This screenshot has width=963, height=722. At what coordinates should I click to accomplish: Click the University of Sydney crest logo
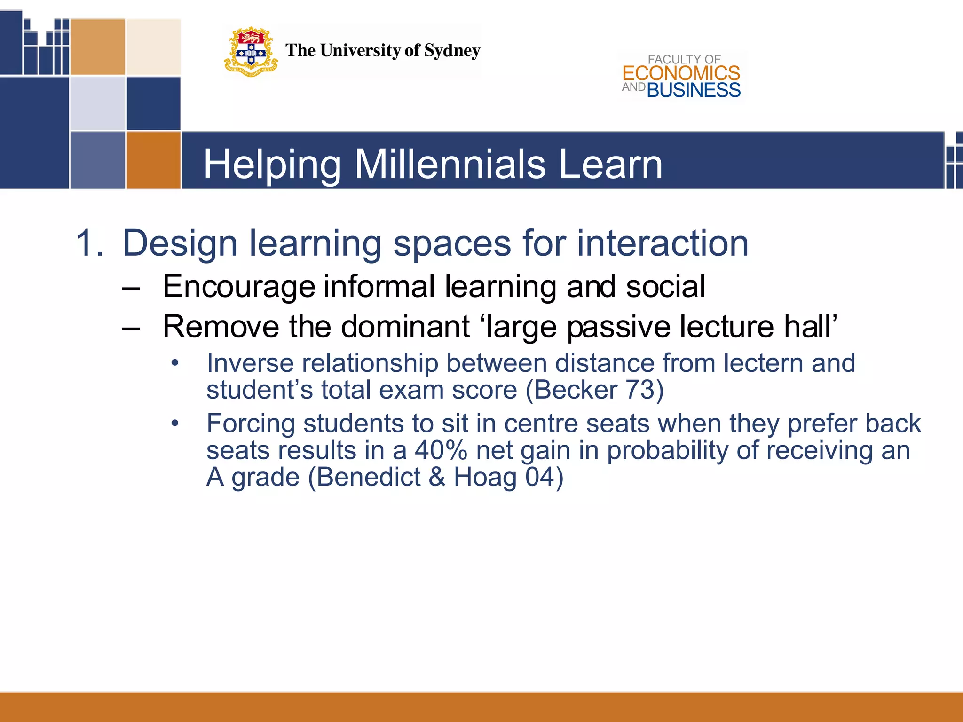[x=251, y=52]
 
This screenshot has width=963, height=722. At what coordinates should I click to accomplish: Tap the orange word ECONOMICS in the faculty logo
[x=681, y=73]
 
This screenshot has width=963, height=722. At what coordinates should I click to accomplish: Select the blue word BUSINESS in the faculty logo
[x=694, y=90]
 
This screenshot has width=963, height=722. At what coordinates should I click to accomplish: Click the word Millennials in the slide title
[x=450, y=165]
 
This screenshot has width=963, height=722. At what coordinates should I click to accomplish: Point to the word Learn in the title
[x=611, y=165]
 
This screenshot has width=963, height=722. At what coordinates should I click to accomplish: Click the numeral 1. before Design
[x=89, y=243]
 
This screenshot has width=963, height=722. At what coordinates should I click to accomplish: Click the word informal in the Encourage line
[x=379, y=287]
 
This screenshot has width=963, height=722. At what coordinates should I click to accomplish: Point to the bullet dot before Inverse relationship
[x=175, y=363]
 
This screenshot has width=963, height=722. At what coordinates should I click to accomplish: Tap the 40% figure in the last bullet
[x=441, y=450]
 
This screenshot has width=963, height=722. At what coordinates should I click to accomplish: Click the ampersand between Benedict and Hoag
[x=437, y=477]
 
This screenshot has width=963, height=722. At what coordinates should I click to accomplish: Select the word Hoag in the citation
[x=485, y=477]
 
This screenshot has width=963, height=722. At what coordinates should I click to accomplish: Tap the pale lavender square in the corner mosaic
[x=97, y=103]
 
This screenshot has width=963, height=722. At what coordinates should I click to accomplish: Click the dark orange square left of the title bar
[x=153, y=160]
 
